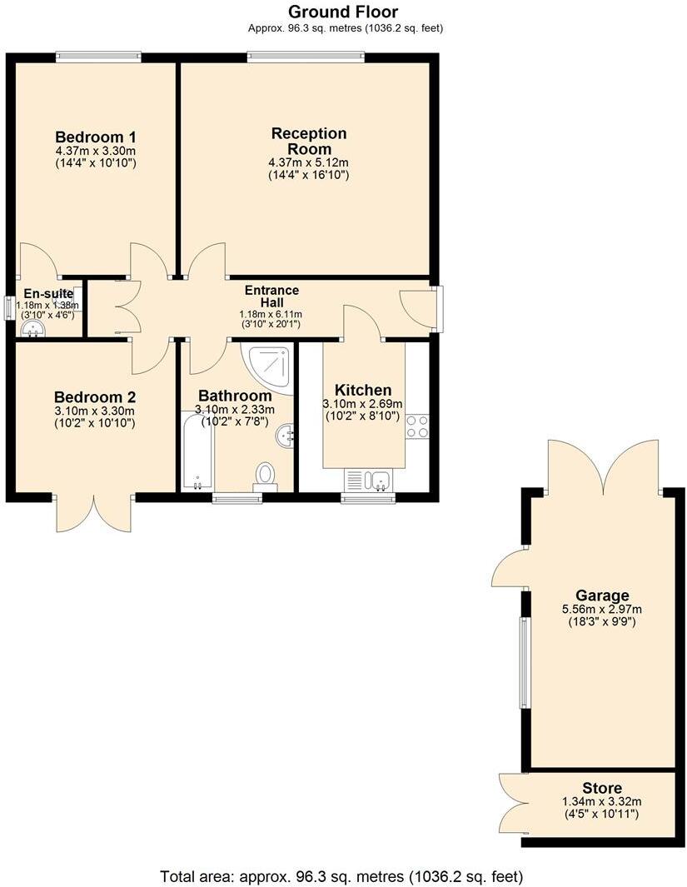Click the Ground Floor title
tap(343, 12)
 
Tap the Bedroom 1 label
tap(96, 137)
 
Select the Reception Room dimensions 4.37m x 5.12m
tap(308, 162)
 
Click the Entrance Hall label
tap(271, 296)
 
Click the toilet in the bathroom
tap(266, 475)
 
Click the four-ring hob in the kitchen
tap(417, 426)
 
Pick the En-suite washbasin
tap(32, 330)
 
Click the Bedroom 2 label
tap(94, 397)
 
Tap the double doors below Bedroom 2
tap(94, 514)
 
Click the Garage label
tap(602, 595)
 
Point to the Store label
tap(602, 788)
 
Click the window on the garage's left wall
tap(525, 662)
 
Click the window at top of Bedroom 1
tap(98, 57)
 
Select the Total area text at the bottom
tap(341, 876)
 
